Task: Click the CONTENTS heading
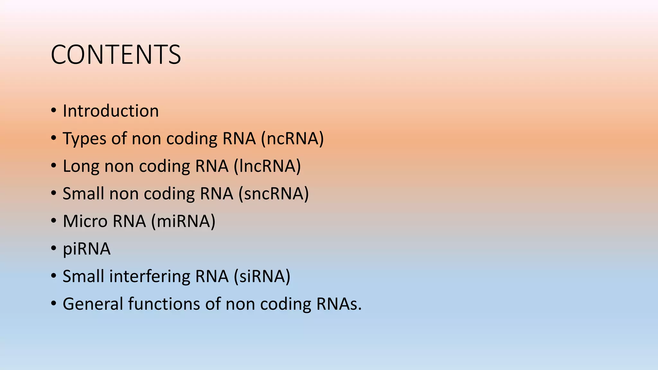click(116, 55)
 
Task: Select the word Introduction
click(111, 111)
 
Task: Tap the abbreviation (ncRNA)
click(292, 139)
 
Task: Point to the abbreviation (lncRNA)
click(267, 166)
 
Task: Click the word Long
click(81, 166)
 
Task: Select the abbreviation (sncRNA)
click(273, 194)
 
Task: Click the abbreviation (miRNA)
click(183, 221)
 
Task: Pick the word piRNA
click(86, 249)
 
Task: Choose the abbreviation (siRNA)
click(262, 277)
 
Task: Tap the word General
click(93, 304)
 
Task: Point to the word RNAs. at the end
click(339, 304)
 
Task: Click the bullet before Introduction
click(54, 111)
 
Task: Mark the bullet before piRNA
click(54, 249)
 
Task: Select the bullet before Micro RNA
click(54, 221)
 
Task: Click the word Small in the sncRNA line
click(83, 194)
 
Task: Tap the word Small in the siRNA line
click(83, 277)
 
